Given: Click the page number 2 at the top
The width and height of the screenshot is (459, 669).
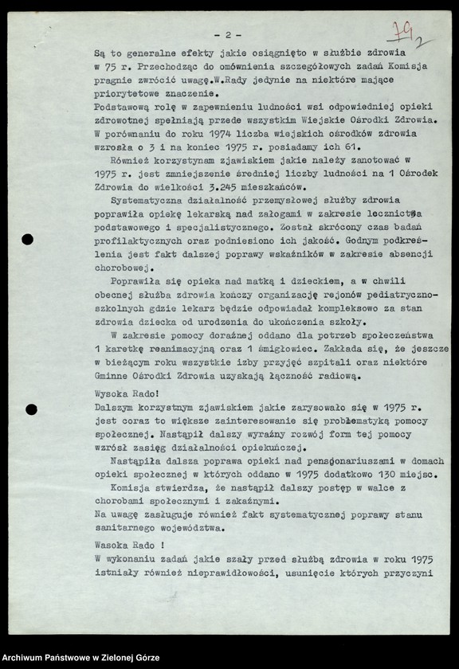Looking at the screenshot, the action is pos(228,35).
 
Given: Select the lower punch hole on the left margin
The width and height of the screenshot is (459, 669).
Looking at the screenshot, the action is pos(31,409).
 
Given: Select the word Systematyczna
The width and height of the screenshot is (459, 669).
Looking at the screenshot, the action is pos(149,200).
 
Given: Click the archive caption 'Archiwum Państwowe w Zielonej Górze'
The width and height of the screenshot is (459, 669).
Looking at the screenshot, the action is pos(81,658).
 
